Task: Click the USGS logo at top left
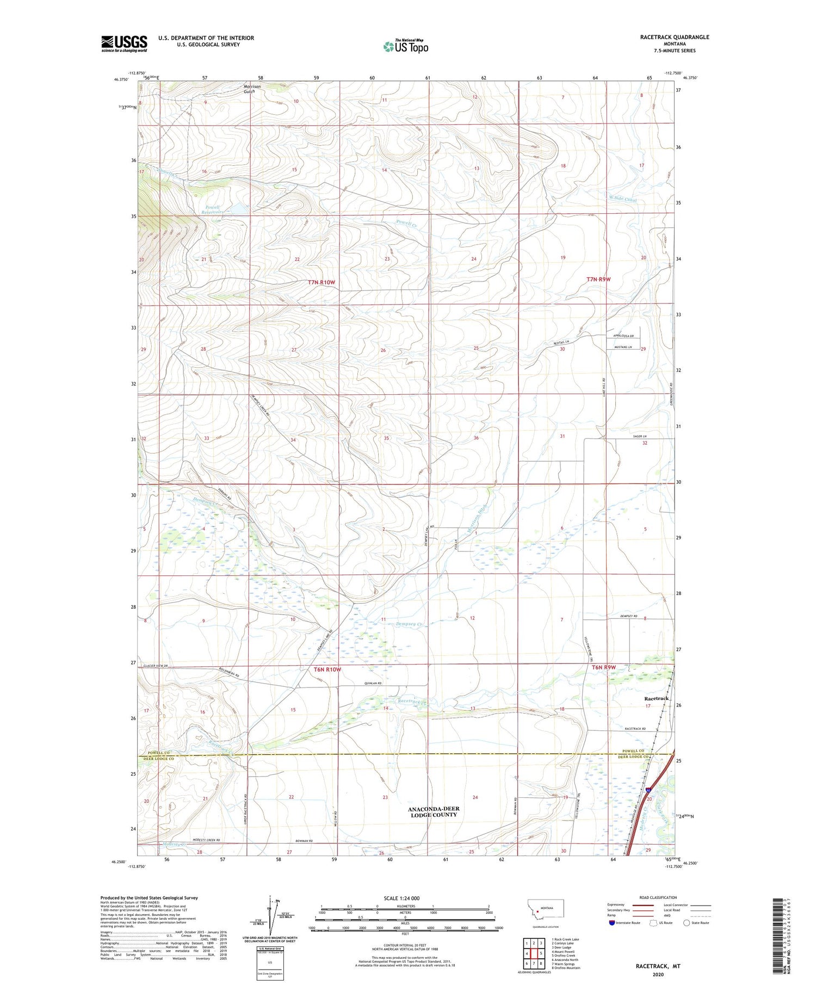pyautogui.click(x=124, y=44)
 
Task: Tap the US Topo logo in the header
pyautogui.click(x=405, y=46)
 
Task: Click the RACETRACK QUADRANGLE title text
pyautogui.click(x=675, y=37)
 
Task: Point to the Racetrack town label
pyautogui.click(x=656, y=698)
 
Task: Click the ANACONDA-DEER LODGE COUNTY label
pyautogui.click(x=434, y=812)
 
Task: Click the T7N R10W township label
pyautogui.click(x=322, y=282)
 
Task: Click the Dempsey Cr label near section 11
pyautogui.click(x=410, y=624)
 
